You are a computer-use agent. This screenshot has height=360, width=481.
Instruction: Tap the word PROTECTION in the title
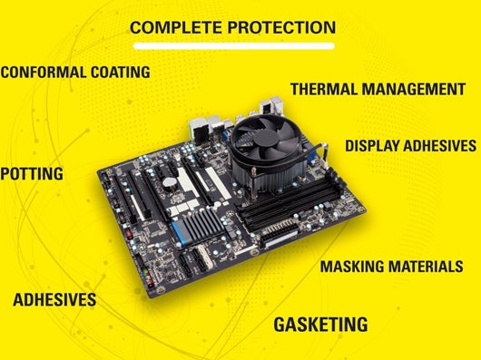(281, 27)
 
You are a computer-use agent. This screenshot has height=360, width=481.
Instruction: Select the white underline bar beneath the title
(234, 46)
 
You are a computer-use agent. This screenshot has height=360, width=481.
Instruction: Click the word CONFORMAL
(43, 73)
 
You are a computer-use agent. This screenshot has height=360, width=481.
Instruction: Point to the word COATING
(120, 73)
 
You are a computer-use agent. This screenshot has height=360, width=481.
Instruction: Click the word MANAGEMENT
(414, 89)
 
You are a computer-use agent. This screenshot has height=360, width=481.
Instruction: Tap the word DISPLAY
(371, 145)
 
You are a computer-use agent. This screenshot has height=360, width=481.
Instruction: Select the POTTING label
(32, 174)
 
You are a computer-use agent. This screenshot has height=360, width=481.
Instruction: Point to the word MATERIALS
(424, 267)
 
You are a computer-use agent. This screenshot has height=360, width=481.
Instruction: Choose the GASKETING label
(320, 325)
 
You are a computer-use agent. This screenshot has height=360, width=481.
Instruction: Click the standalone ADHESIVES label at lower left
(54, 299)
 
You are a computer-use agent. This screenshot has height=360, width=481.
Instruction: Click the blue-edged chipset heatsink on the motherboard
(199, 226)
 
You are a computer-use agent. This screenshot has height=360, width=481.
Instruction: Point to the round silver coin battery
(169, 182)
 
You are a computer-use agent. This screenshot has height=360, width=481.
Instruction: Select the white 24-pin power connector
(280, 235)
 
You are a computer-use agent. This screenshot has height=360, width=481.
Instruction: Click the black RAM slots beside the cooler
(293, 202)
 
